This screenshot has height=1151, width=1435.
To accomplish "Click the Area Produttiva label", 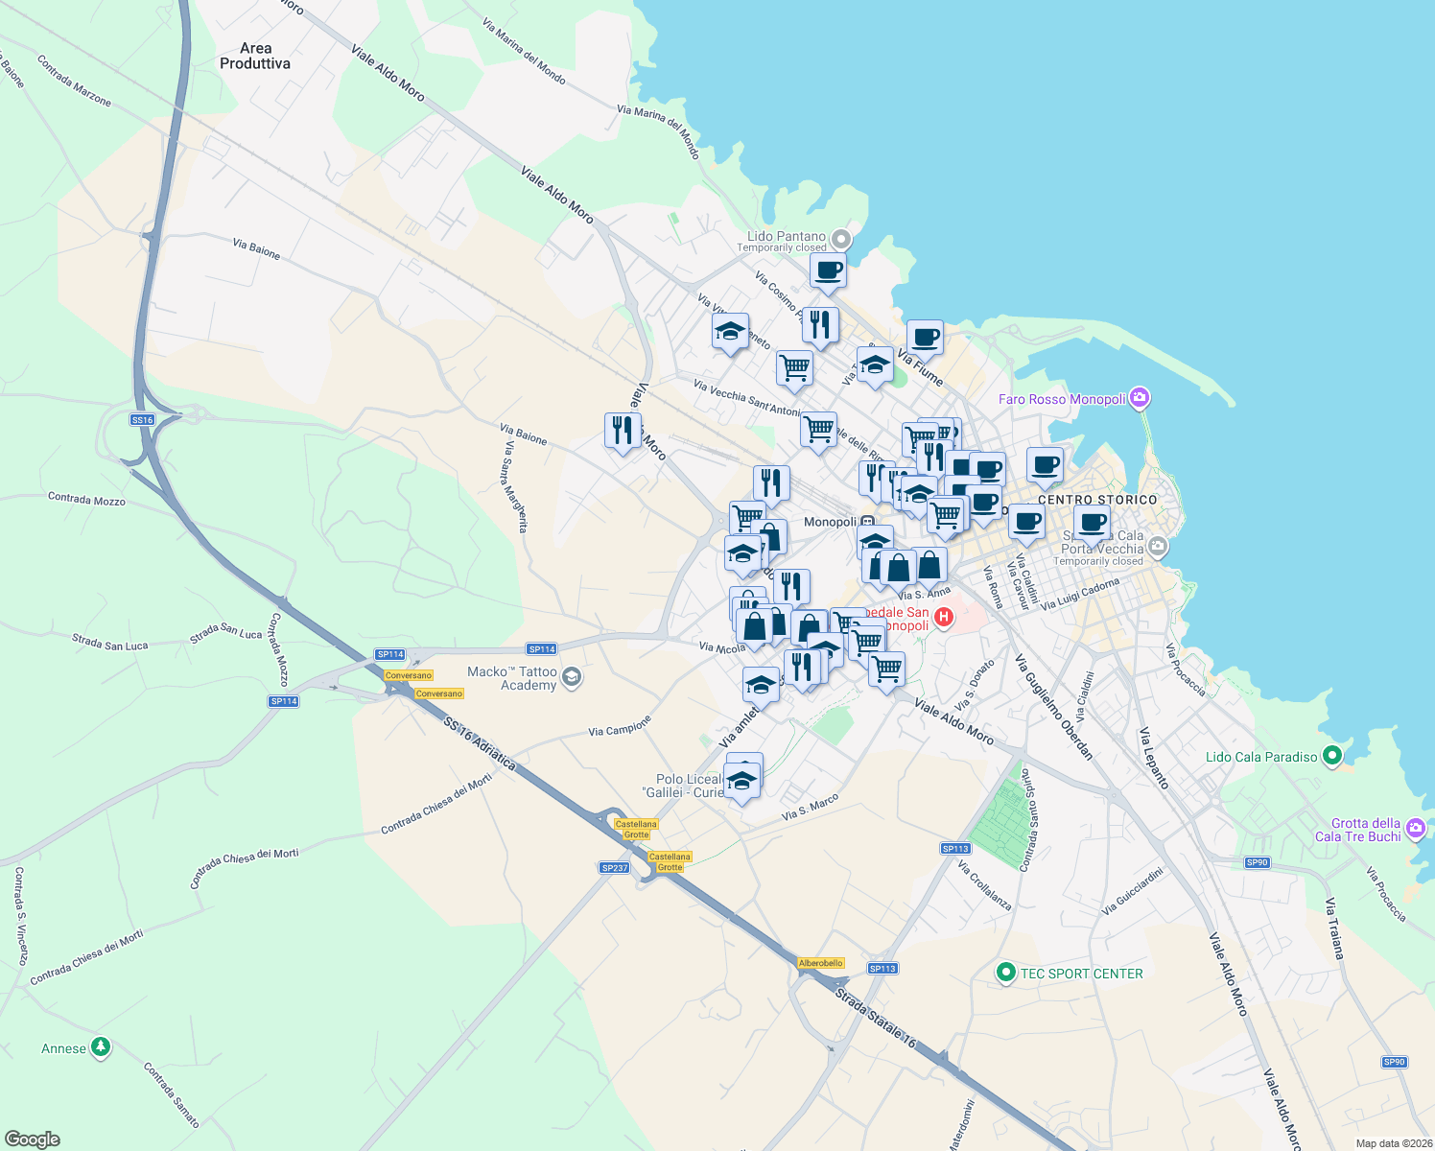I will point(255,56).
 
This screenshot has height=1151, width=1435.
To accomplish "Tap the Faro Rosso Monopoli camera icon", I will point(1140,397).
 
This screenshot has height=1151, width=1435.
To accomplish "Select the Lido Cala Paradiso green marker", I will point(1331,757).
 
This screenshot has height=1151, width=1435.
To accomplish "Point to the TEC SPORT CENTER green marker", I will point(1005,974).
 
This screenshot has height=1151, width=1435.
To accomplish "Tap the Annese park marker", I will point(101,1047).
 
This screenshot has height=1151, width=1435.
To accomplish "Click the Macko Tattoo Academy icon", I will point(572,678).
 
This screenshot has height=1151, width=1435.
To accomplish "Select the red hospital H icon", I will point(943,618).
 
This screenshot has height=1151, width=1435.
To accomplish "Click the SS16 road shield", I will point(142,420).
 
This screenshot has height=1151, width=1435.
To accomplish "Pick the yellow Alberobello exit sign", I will point(821,963).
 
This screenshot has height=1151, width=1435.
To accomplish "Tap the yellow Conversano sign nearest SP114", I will point(409,675).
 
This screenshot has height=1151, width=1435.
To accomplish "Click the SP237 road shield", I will point(614,867).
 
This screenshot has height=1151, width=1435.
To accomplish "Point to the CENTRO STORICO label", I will point(1097,500).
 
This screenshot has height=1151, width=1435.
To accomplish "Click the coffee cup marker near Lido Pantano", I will point(828,271).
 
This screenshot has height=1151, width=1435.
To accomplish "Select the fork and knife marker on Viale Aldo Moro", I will point(623,431).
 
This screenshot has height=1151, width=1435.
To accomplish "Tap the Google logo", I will point(33,1139).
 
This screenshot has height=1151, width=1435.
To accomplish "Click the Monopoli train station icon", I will point(867,522).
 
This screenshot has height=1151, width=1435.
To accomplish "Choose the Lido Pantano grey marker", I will point(841,239).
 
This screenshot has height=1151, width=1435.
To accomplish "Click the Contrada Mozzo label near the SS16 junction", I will point(86,499).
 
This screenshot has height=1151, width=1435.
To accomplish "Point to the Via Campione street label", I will point(620,726).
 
